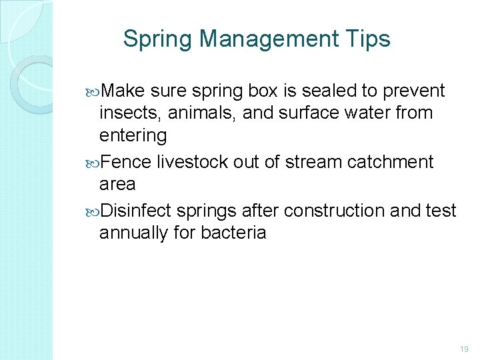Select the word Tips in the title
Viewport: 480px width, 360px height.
(x=371, y=39)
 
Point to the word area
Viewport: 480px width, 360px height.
(x=117, y=184)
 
